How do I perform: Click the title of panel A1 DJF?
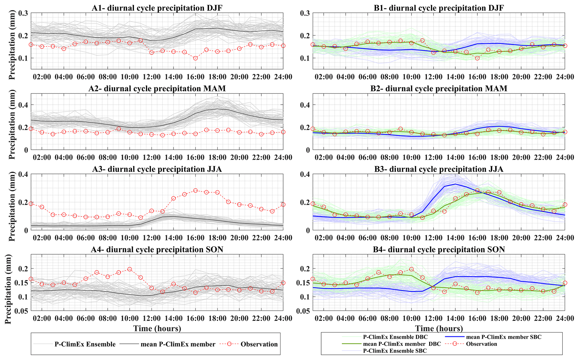(157, 8)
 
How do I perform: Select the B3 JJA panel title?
(439, 169)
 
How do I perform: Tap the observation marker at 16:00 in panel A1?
(196, 58)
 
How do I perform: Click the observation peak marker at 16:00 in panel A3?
(196, 191)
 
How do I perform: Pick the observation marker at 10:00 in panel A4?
(130, 269)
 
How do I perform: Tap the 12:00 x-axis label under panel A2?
(152, 157)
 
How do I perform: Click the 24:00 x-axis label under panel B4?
(565, 318)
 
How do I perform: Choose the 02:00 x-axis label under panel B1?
(324, 77)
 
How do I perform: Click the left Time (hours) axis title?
(157, 328)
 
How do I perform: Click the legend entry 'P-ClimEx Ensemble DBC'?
(395, 337)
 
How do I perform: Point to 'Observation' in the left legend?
(259, 344)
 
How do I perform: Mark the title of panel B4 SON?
(439, 250)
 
